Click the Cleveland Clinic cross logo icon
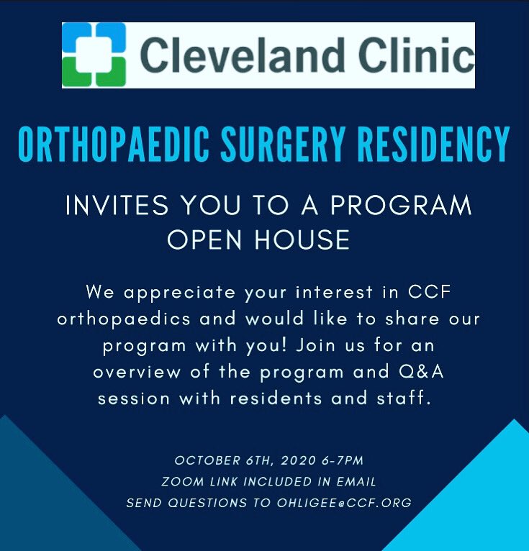click(94, 55)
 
